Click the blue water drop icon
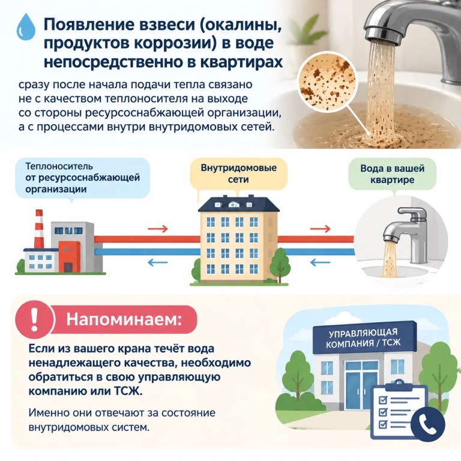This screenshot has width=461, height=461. [26, 27]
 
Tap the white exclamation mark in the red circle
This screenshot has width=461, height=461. [35, 319]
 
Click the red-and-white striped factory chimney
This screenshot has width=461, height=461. [39, 229]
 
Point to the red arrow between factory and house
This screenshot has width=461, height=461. [158, 229]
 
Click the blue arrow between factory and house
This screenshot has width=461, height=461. [158, 262]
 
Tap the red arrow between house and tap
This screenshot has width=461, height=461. [320, 229]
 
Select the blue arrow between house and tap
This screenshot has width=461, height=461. [320, 262]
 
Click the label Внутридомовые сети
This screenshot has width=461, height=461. [239, 173]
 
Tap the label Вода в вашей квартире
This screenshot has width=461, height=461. [392, 174]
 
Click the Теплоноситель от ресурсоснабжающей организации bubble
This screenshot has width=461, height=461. [82, 178]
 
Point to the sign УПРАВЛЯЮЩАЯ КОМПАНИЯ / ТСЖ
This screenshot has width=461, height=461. [364, 338]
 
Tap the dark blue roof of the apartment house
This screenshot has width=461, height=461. [239, 204]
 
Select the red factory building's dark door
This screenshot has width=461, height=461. [68, 267]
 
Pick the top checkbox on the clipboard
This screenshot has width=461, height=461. [382, 400]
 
